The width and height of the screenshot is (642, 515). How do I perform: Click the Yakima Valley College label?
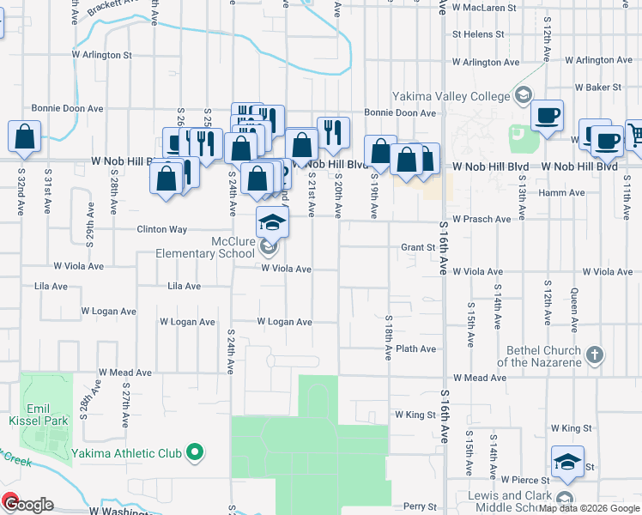coord(451,96)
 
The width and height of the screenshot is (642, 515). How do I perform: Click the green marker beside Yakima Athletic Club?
coord(195,451)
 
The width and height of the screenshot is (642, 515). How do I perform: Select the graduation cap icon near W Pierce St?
coord(567,462)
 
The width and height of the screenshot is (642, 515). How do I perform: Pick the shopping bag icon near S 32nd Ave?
coord(25,136)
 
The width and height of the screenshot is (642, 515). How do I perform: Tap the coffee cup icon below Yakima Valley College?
coord(547,115)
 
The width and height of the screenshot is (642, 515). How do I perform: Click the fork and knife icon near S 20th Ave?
coord(333,132)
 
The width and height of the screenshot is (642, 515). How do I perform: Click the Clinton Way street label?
coord(161,229)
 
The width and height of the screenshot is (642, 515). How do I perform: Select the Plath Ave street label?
coord(416,348)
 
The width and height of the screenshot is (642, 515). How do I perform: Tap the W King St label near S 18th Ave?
coord(415,414)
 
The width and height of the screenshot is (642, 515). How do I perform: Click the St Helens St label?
coord(477,34)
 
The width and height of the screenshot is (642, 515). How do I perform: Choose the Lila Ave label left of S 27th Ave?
coord(51,286)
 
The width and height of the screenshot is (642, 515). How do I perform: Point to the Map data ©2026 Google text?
coord(590,508)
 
